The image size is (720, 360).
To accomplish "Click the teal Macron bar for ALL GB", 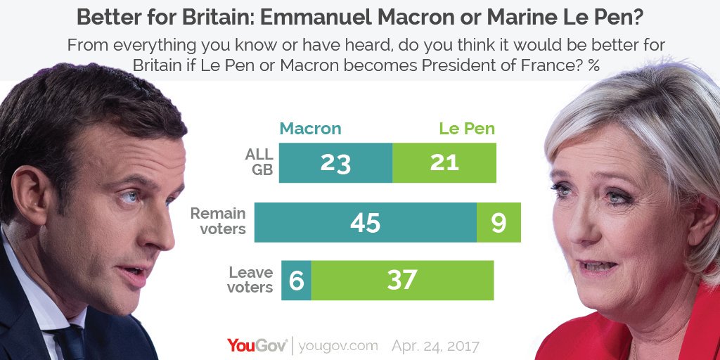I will tap(335, 162).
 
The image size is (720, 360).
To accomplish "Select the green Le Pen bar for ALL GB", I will tap(444, 162).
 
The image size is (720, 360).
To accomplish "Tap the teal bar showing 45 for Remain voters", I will tap(365, 222).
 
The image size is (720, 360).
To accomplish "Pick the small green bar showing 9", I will tap(499, 222).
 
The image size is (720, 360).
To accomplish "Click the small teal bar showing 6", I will tap(296, 281).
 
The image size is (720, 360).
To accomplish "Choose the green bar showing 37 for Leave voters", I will tap(402, 281).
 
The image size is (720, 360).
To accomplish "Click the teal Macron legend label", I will tap(310, 129).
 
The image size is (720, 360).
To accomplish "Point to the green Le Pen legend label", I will tap(467, 129).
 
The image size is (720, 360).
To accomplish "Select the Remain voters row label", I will tap(218, 221).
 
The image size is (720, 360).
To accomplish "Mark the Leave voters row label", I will tap(250, 280).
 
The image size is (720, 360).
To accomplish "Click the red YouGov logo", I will tap(257, 345).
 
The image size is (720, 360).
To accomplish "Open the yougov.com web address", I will tap(338, 346).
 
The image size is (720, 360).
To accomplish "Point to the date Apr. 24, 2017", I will tap(436, 346).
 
